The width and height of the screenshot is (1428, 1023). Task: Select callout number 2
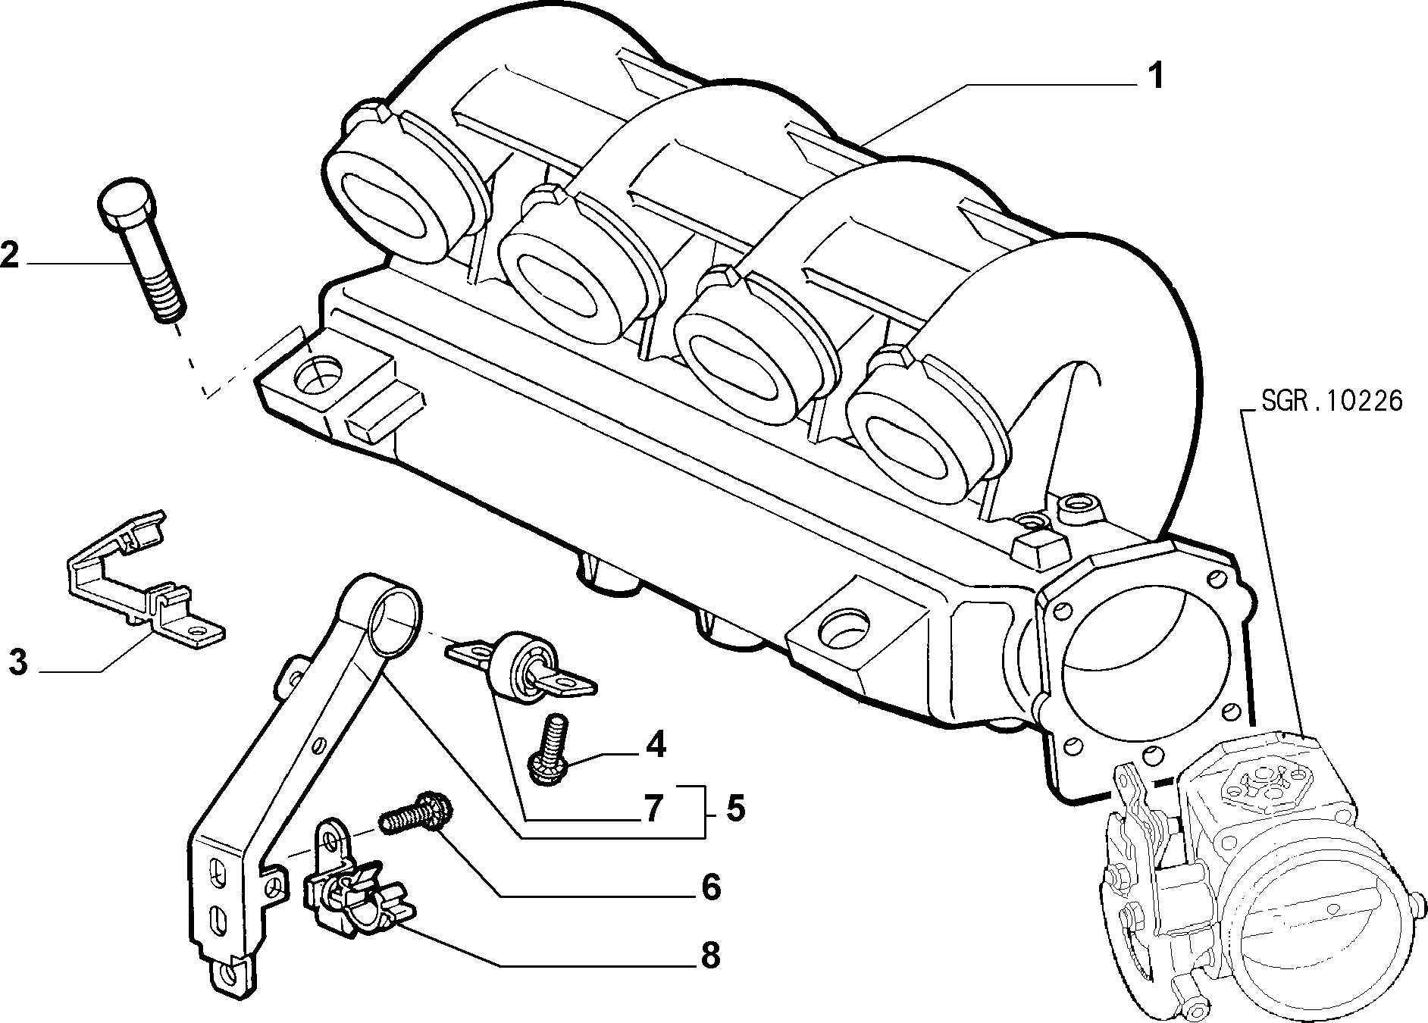11,255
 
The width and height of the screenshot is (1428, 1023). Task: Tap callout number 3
17,662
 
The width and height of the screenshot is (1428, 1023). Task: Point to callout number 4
655,744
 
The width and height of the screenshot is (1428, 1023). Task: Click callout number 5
734,809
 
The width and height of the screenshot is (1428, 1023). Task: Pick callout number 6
710,887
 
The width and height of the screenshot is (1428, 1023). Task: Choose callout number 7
653,809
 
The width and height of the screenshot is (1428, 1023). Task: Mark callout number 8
710,956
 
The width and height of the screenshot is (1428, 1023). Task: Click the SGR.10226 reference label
1332,400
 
